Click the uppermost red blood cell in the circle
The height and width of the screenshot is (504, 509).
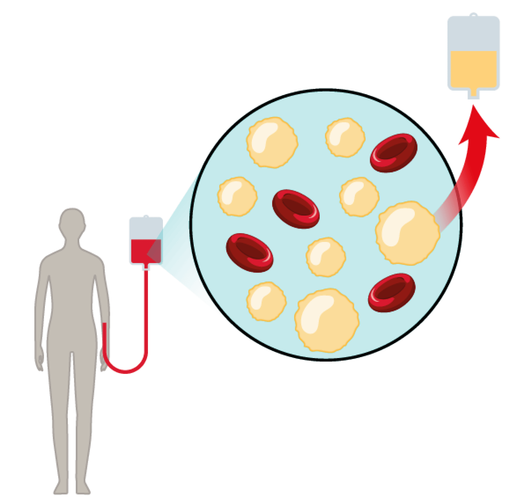pos(393,153)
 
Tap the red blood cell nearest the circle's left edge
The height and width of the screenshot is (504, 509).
pos(250,252)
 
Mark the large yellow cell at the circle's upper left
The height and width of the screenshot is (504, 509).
pos(272,142)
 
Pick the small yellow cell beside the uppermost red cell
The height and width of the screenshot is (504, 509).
pos(345,137)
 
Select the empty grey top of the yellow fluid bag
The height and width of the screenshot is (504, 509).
pos(474,33)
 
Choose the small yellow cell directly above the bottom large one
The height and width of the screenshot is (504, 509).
pos(326,257)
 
